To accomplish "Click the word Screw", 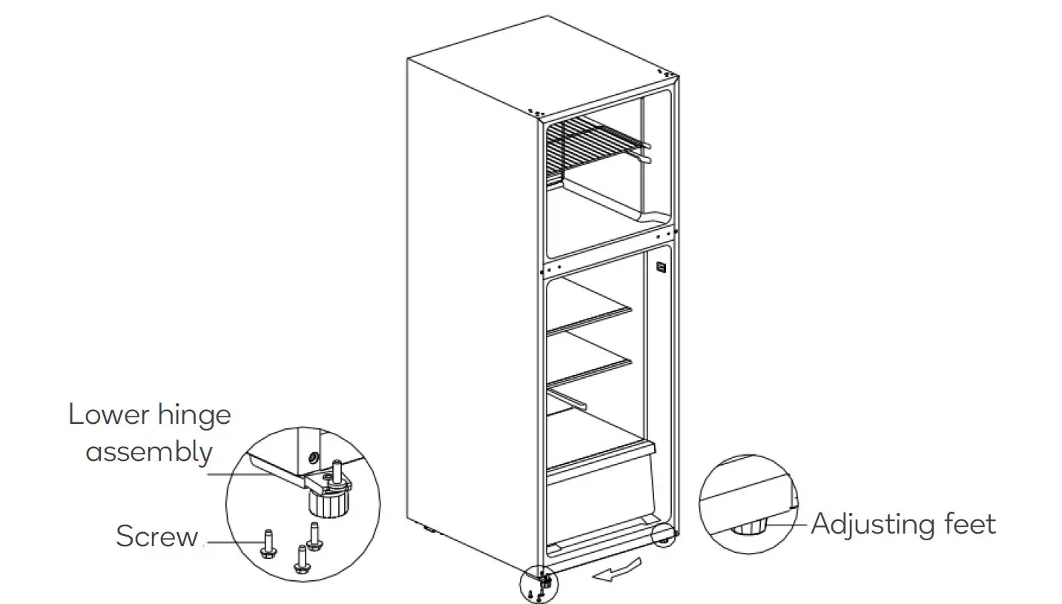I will tap(157, 537).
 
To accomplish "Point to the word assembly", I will tap(150, 451).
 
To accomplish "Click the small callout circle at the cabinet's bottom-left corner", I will tap(541, 585).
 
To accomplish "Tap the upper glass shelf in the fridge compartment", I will tap(590, 317).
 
